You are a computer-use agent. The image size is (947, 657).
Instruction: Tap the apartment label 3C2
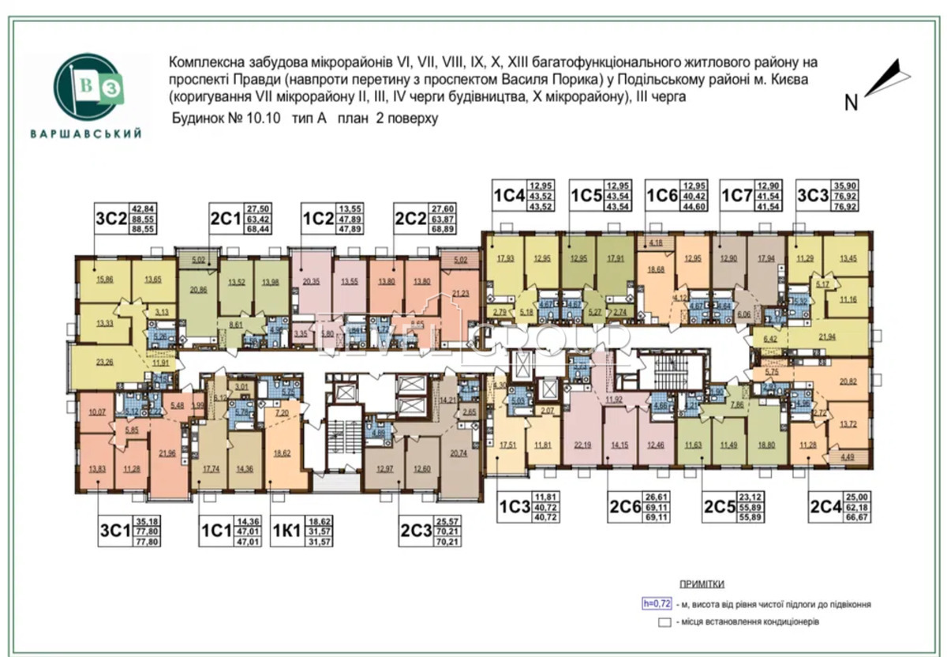pos(110,219)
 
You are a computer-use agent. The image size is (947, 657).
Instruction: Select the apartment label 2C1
pos(226,219)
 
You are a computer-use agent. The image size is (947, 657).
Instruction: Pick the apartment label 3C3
pos(814,195)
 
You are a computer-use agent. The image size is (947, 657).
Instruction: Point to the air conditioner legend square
pos(665,622)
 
